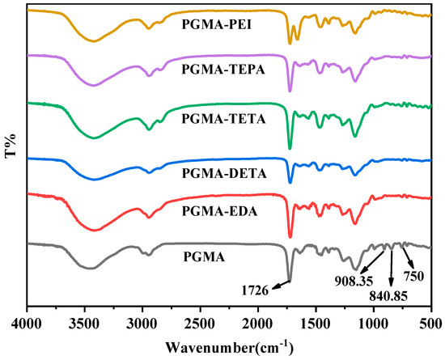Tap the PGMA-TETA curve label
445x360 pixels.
pyautogui.click(x=218, y=118)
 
